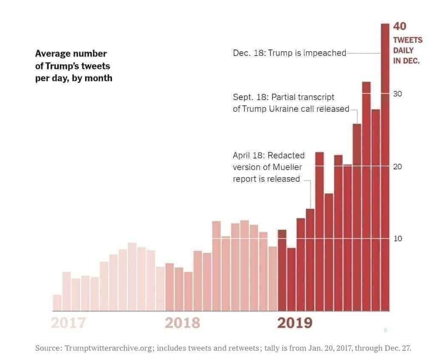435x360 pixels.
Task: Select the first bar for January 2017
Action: [x=57, y=303]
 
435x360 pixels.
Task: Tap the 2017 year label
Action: [x=68, y=323]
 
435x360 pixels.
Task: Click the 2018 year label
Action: [x=182, y=323]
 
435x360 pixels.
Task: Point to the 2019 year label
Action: [x=295, y=323]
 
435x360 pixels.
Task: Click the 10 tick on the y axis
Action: [x=398, y=238]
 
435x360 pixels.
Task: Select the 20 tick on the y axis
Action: [x=398, y=166]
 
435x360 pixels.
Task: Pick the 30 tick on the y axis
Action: [x=398, y=94]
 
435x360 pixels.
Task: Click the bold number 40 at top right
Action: [x=400, y=26]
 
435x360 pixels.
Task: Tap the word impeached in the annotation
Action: [x=325, y=54]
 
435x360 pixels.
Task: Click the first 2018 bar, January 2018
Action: [x=169, y=287]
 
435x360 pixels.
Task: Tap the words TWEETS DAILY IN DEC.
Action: [x=407, y=50]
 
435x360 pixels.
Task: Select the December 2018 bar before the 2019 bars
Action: [x=273, y=278]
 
